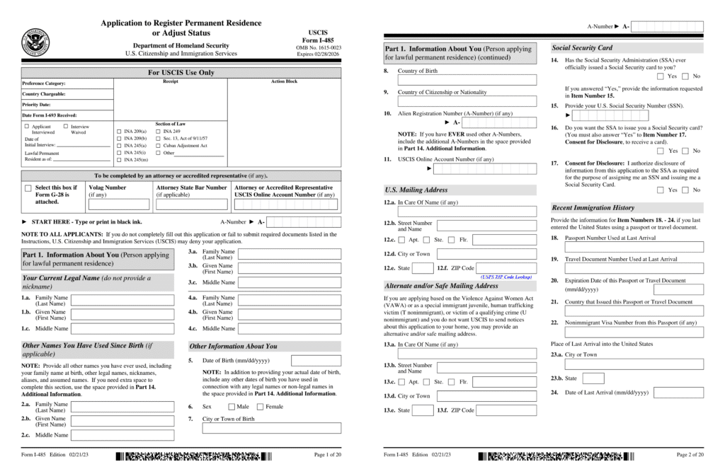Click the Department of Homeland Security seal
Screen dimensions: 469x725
point(35,42)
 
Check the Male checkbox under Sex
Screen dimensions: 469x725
point(232,407)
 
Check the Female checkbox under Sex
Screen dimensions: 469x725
point(260,407)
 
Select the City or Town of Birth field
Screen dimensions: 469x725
point(272,428)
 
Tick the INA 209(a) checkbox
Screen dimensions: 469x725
point(118,132)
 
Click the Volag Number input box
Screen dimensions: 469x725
point(118,204)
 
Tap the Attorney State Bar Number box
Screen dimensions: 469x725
point(191,204)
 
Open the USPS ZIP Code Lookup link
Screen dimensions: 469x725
point(507,276)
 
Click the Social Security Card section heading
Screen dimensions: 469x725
point(582,47)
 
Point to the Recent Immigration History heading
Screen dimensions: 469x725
point(593,208)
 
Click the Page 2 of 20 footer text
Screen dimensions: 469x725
point(690,454)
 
